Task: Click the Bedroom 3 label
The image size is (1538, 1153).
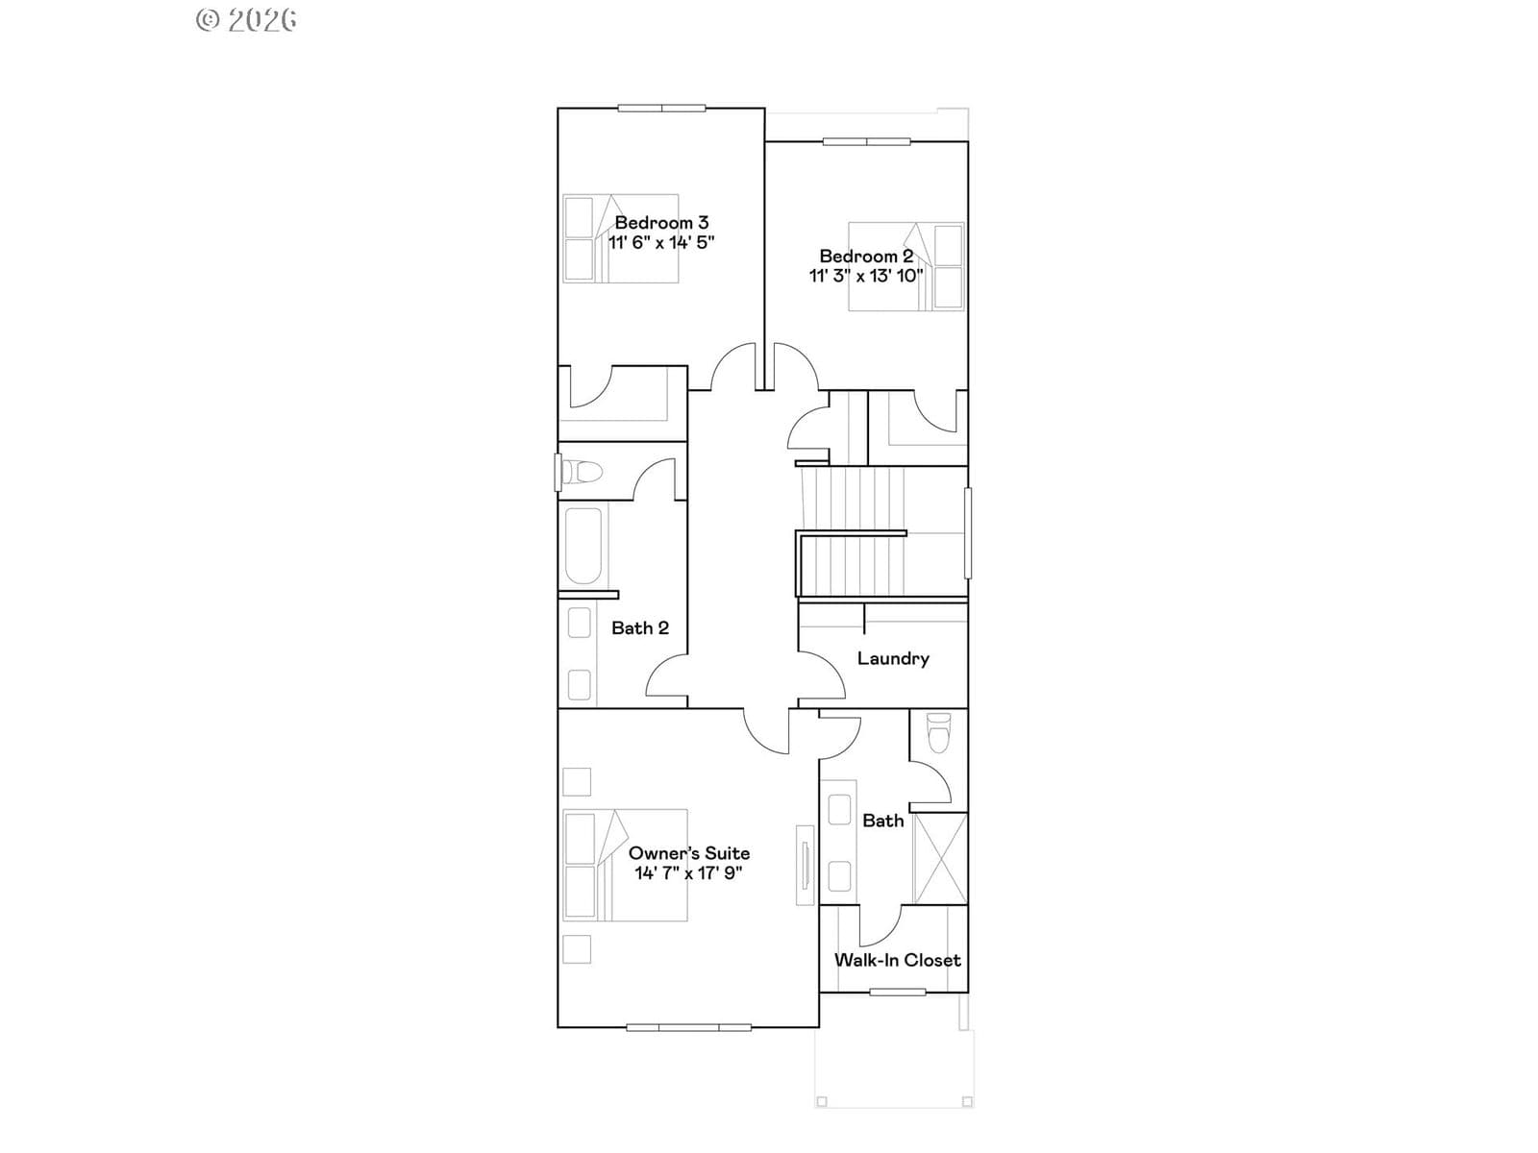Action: pyautogui.click(x=661, y=223)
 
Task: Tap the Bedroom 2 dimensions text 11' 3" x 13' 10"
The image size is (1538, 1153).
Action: pyautogui.click(x=866, y=276)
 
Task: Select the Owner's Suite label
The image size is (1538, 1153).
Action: pyautogui.click(x=689, y=852)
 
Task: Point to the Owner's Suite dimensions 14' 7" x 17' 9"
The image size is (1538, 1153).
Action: pyautogui.click(x=689, y=873)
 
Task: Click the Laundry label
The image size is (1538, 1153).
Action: pyautogui.click(x=893, y=659)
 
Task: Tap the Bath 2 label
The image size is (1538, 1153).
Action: pyautogui.click(x=640, y=628)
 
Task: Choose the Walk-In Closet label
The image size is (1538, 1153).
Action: pyautogui.click(x=897, y=960)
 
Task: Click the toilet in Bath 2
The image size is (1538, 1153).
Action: pyautogui.click(x=581, y=472)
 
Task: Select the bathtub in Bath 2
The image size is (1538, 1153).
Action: pyautogui.click(x=583, y=546)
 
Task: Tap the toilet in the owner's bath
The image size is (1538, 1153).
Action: pyautogui.click(x=938, y=732)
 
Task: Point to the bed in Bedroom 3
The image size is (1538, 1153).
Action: pyautogui.click(x=621, y=238)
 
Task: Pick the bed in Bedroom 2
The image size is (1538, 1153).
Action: pyautogui.click(x=906, y=266)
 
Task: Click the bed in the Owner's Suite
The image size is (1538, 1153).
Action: pyautogui.click(x=625, y=866)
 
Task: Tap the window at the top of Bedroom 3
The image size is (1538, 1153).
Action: pyautogui.click(x=661, y=108)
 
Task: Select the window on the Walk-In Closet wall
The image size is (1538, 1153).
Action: pyautogui.click(x=898, y=992)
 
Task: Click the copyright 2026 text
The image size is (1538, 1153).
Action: pyautogui.click(x=246, y=20)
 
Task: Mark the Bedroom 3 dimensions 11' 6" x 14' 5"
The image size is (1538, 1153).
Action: pyautogui.click(x=661, y=242)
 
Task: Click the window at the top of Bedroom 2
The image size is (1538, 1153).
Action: pyautogui.click(x=867, y=141)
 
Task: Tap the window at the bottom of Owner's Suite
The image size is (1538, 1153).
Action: pyautogui.click(x=689, y=1028)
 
